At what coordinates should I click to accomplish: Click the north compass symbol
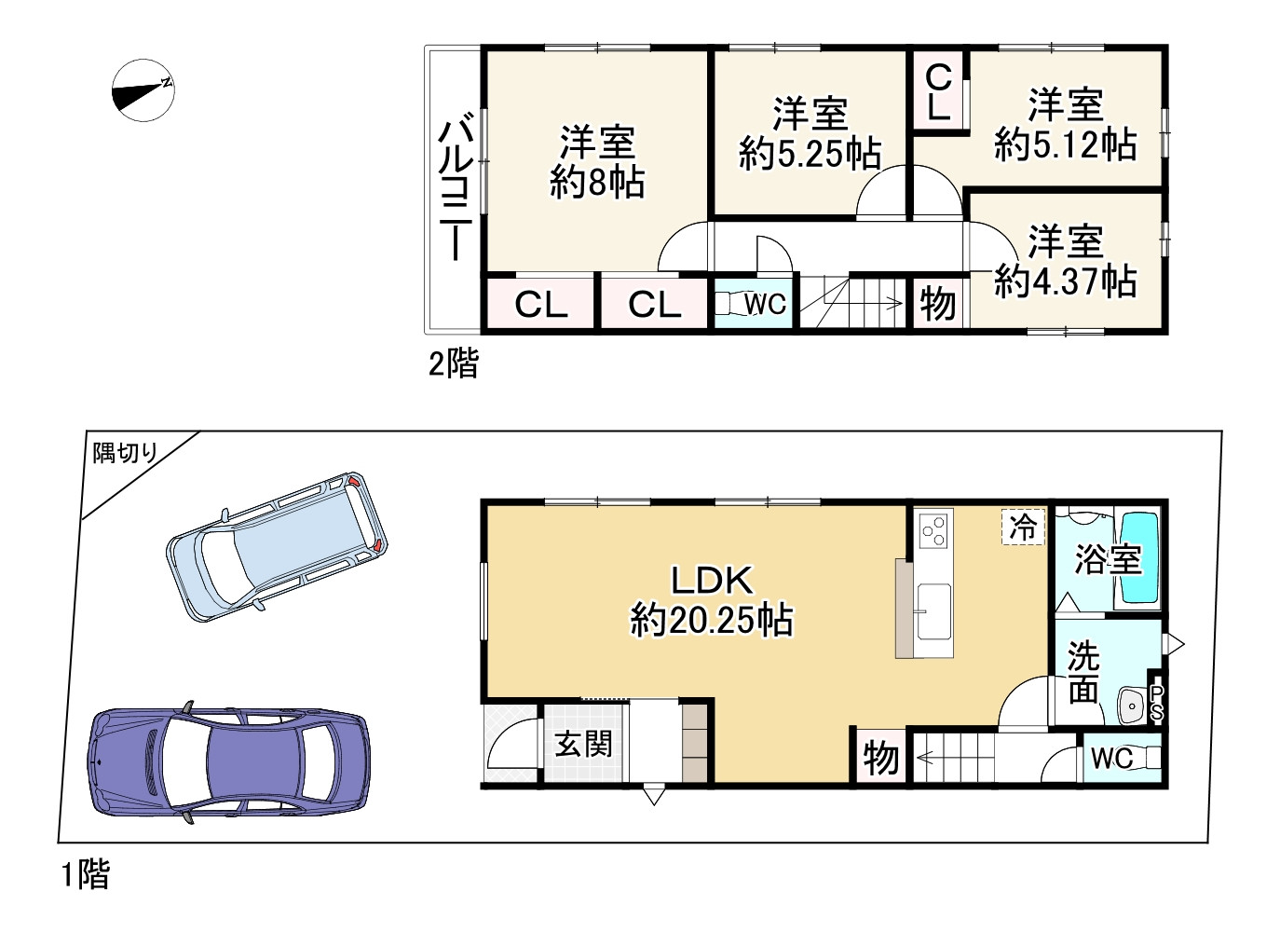[143, 89]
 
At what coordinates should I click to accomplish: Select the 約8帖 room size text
[596, 182]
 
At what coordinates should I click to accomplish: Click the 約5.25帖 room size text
[810, 154]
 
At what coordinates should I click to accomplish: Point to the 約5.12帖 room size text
[1065, 145]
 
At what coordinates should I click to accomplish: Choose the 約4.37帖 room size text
[1065, 281]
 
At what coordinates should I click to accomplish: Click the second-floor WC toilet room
[755, 304]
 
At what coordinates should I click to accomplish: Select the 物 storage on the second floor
[937, 304]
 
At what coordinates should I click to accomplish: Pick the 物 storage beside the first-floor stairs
[879, 758]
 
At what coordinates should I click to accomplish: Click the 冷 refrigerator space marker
[1023, 528]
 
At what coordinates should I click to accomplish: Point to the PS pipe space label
[1156, 703]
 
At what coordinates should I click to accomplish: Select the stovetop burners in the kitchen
[933, 530]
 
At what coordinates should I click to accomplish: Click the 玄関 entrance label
[583, 745]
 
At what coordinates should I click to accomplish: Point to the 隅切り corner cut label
[125, 454]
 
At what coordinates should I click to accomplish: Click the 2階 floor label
[453, 363]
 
